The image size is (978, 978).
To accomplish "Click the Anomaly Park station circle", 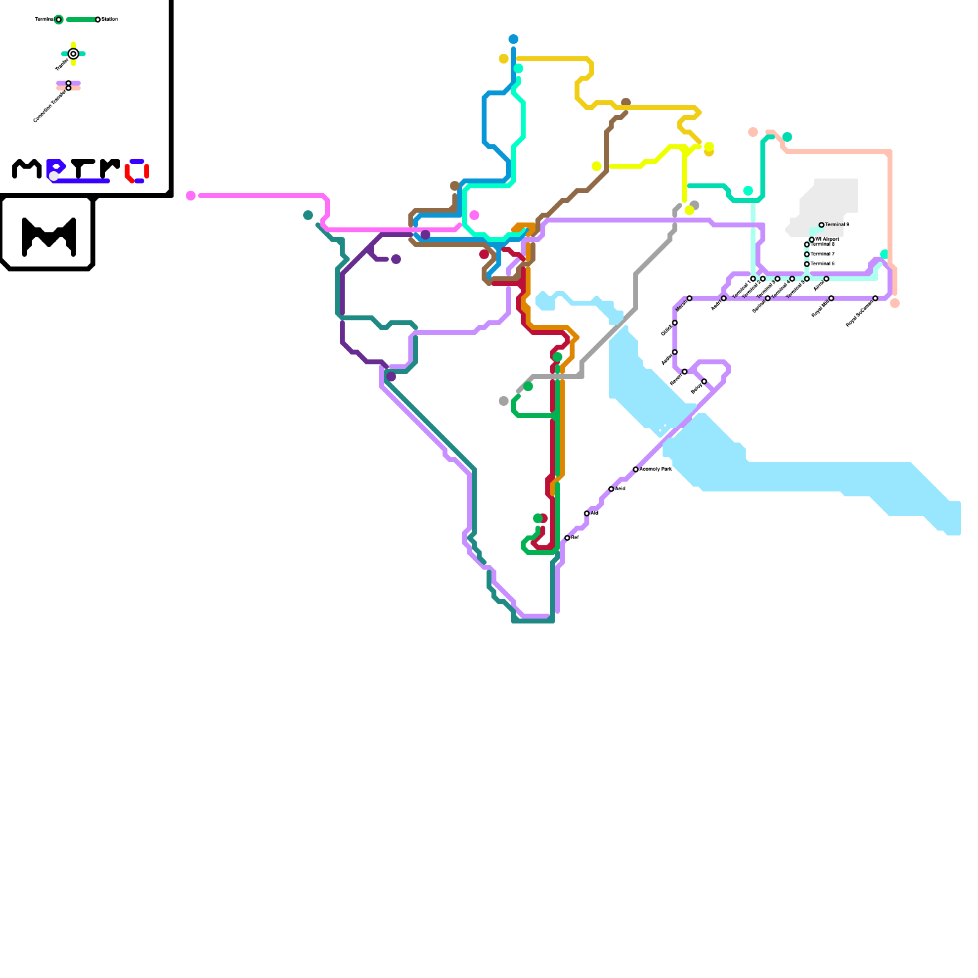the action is (636, 469).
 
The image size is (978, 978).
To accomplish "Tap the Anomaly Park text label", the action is (656, 469).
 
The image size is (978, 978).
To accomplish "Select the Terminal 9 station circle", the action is (822, 225).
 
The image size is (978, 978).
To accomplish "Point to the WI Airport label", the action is (827, 239).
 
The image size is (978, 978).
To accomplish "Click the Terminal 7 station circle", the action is (807, 254).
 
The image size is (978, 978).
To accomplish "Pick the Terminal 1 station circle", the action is (753, 279).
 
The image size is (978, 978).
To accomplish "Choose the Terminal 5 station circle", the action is (807, 279).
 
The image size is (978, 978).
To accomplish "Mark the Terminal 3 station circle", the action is (778, 279).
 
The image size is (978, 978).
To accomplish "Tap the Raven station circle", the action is (685, 372).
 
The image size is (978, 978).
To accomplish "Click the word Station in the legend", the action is (110, 20).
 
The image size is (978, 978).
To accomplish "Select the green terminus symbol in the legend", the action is (59, 20).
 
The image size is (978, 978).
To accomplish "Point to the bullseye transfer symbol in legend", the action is (73, 54).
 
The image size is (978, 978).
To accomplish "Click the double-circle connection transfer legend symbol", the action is (68, 86).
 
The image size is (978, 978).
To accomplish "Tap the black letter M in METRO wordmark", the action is (27, 169).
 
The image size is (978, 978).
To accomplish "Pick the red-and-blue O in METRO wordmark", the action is (138, 171).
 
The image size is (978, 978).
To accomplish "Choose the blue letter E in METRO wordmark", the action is (56, 169).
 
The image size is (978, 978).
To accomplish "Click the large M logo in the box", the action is (49, 236).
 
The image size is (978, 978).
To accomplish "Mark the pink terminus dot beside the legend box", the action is (191, 196).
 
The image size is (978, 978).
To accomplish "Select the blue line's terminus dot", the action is (513, 39).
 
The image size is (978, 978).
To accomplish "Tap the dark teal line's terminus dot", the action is (308, 215).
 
